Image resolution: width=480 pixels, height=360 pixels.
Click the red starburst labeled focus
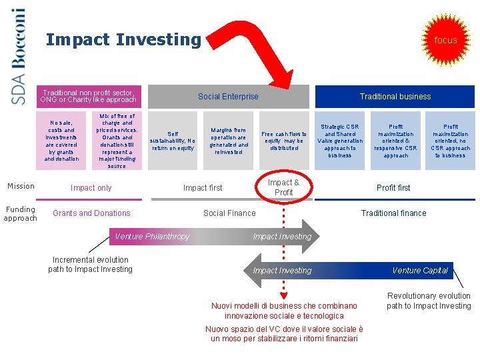pyautogui.click(x=445, y=40)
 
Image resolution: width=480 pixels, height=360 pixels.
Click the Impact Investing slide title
pyautogui.click(x=123, y=40)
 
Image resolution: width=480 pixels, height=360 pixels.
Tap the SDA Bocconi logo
pyautogui.click(x=19, y=56)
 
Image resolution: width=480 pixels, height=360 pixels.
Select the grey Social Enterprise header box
pyautogui.click(x=228, y=97)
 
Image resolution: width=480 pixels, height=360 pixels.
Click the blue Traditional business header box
pyautogui.click(x=395, y=97)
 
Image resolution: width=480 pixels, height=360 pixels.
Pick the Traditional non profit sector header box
pyautogui.click(x=89, y=96)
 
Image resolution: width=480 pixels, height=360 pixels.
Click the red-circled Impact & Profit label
pyautogui.click(x=283, y=187)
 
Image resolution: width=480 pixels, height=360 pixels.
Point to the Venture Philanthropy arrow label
pyautogui.click(x=153, y=237)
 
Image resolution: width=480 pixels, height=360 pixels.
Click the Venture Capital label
pyautogui.click(x=420, y=271)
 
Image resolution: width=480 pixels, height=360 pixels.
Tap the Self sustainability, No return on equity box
pyautogui.click(x=173, y=141)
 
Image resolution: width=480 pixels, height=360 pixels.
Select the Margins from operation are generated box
pyautogui.click(x=229, y=141)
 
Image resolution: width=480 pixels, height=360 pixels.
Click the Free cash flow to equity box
pyautogui.click(x=284, y=141)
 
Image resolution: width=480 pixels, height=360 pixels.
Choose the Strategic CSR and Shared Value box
pyautogui.click(x=340, y=141)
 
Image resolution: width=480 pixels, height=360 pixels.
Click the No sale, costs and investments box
pyautogui.click(x=61, y=141)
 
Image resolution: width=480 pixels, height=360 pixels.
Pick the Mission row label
pyautogui.click(x=21, y=186)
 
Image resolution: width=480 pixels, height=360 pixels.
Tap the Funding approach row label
pyautogui.click(x=20, y=213)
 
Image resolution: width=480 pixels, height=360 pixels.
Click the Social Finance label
pyautogui.click(x=229, y=213)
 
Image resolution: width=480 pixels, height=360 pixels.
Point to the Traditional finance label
pyautogui.click(x=393, y=213)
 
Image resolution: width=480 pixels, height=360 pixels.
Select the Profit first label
pyautogui.click(x=393, y=188)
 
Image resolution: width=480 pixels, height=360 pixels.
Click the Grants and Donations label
pyautogui.click(x=91, y=213)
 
